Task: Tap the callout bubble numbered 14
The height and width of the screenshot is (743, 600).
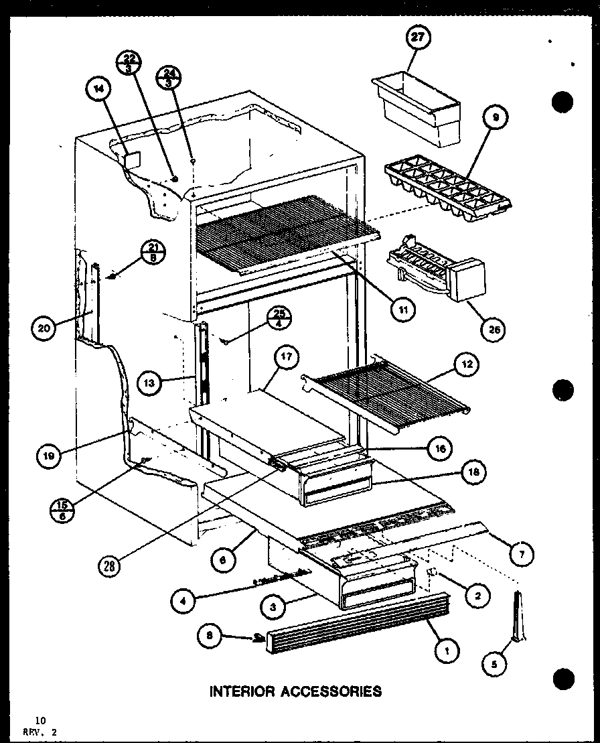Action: tap(99, 94)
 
